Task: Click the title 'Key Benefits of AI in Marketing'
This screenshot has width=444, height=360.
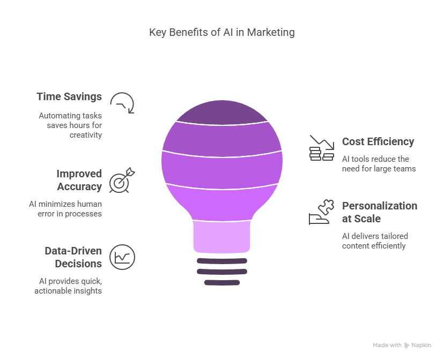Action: click(x=221, y=33)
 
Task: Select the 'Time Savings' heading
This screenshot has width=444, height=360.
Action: click(x=69, y=97)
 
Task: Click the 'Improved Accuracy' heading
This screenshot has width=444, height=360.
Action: click(x=79, y=180)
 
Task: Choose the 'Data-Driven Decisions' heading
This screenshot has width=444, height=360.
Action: click(x=73, y=257)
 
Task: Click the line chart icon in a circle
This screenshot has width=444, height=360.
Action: click(x=122, y=257)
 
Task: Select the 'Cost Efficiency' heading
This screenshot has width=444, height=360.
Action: click(x=378, y=141)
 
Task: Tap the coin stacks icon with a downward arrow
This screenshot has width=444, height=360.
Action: click(x=322, y=148)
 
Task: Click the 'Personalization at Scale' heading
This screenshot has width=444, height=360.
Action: click(x=380, y=212)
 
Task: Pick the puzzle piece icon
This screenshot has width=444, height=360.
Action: click(x=326, y=207)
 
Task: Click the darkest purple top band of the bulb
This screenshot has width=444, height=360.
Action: click(x=222, y=112)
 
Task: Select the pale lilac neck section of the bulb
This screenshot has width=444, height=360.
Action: click(x=221, y=237)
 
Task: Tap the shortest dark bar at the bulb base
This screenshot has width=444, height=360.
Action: click(x=222, y=282)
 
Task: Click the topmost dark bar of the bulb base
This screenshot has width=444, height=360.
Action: click(x=222, y=261)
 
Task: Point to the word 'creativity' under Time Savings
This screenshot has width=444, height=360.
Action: click(x=85, y=135)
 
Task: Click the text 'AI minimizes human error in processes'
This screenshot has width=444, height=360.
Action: click(x=65, y=209)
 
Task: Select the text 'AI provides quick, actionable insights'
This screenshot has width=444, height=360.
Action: click(x=68, y=286)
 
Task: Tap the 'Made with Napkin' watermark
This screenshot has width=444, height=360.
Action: click(x=402, y=346)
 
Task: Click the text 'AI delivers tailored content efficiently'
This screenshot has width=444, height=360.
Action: click(x=375, y=241)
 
